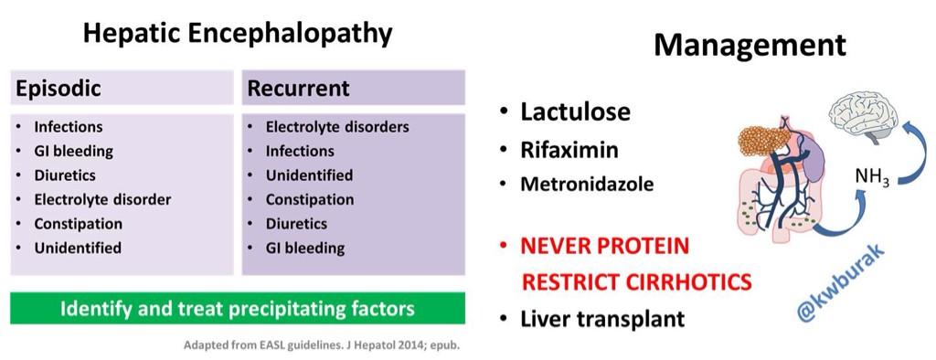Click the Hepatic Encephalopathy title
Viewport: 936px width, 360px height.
pyautogui.click(x=238, y=34)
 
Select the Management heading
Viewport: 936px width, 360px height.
pyautogui.click(x=749, y=46)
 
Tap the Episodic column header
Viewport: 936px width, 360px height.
pyautogui.click(x=58, y=89)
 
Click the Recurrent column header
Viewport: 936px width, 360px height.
pyautogui.click(x=298, y=89)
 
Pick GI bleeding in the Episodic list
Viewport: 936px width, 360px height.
pyautogui.click(x=75, y=152)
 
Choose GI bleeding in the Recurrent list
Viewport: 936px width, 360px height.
pyautogui.click(x=305, y=248)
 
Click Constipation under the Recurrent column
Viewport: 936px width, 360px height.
pyautogui.click(x=309, y=199)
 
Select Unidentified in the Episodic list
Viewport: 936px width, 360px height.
pyautogui.click(x=78, y=248)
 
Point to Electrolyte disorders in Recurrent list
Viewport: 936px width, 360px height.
pyautogui.click(x=336, y=127)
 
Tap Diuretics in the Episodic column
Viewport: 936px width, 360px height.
pyautogui.click(x=66, y=175)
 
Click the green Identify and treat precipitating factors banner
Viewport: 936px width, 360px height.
pyautogui.click(x=238, y=308)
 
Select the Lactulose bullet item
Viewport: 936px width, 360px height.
pyautogui.click(x=575, y=112)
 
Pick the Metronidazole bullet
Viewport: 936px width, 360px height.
pyautogui.click(x=586, y=184)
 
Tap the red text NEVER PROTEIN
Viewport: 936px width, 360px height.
pyautogui.click(x=604, y=247)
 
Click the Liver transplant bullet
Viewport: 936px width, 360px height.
pyautogui.click(x=601, y=320)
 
